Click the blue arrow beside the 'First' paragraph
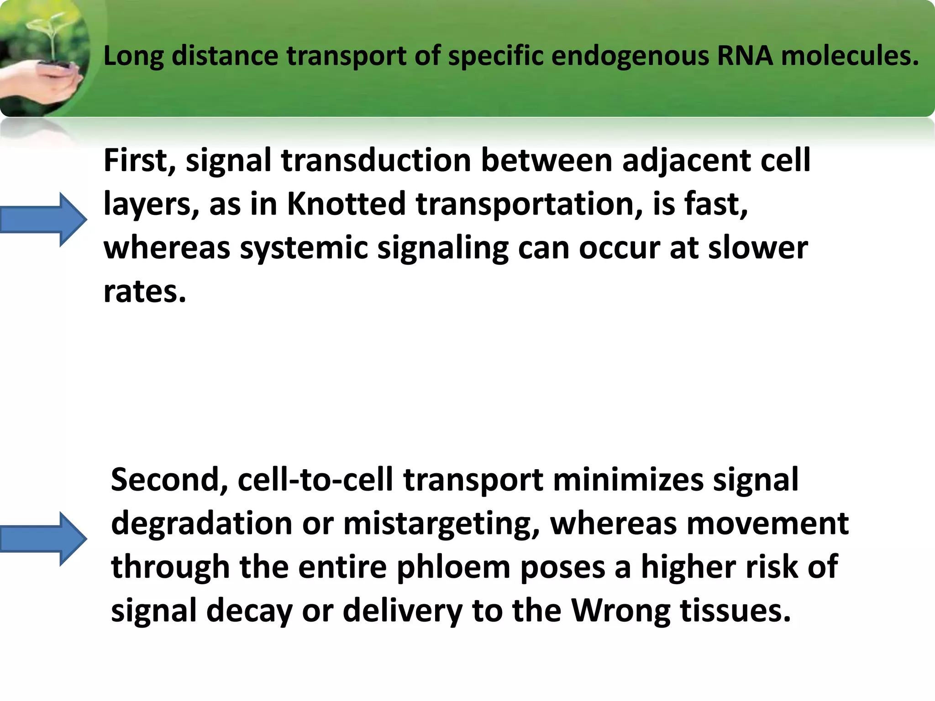[x=43, y=220]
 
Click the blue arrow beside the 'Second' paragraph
[x=43, y=539]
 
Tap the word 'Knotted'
[x=346, y=204]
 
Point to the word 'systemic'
[x=304, y=249]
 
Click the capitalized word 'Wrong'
[x=621, y=611]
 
